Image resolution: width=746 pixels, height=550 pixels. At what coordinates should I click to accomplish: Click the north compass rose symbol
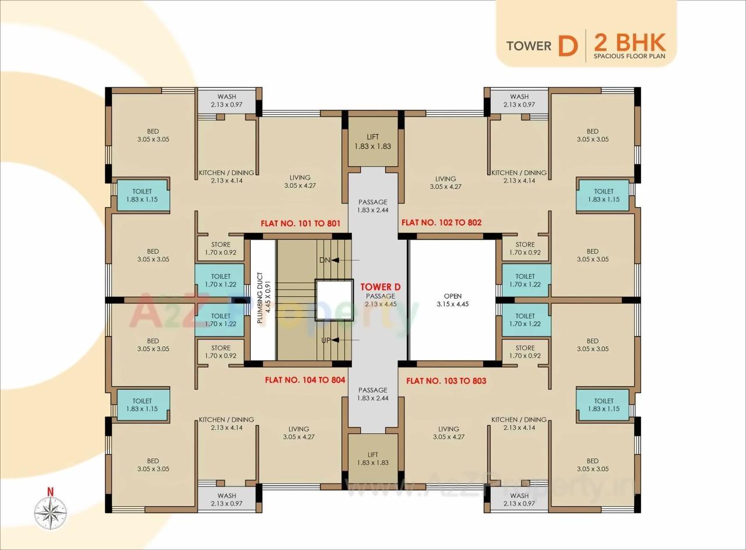tap(51, 512)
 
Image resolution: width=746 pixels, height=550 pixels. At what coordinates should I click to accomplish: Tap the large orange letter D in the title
tap(567, 45)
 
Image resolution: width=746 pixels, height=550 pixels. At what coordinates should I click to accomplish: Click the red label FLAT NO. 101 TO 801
tap(300, 223)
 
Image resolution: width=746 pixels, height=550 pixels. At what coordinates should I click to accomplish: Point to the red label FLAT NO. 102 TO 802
tap(441, 223)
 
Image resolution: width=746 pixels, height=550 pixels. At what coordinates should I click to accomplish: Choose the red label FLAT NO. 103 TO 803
tap(446, 381)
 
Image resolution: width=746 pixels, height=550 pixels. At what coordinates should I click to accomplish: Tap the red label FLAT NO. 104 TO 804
tap(305, 380)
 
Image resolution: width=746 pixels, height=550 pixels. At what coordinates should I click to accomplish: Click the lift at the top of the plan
tap(373, 142)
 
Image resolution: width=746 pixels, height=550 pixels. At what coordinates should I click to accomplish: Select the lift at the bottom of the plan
tap(373, 458)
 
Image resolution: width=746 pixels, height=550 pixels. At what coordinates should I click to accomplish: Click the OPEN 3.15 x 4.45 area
tap(452, 300)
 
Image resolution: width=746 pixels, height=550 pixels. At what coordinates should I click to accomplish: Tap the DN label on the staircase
tap(325, 260)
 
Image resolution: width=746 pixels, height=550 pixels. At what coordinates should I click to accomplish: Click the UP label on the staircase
tap(325, 340)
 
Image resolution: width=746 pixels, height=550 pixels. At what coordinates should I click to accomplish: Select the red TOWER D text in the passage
tap(380, 287)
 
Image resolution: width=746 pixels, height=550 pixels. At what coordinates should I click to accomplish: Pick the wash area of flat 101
tap(227, 100)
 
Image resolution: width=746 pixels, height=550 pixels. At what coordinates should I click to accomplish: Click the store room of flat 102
tap(525, 249)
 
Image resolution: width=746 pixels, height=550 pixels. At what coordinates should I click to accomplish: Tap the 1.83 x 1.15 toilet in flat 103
tap(603, 405)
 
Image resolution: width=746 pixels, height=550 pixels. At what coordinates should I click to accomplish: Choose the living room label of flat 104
tap(299, 433)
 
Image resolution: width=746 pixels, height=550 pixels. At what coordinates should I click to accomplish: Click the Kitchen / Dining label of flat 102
tap(519, 177)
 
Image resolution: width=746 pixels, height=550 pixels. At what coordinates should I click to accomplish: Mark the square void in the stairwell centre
tap(334, 300)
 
